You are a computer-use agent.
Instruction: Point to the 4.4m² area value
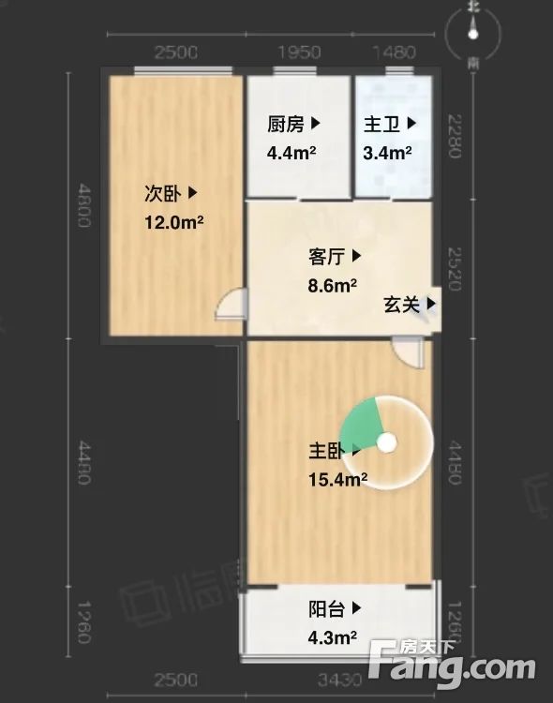[x=291, y=153]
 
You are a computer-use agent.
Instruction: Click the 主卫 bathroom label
[x=383, y=124]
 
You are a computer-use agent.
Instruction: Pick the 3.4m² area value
[x=387, y=153]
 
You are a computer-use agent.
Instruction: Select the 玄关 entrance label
[x=403, y=304]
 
